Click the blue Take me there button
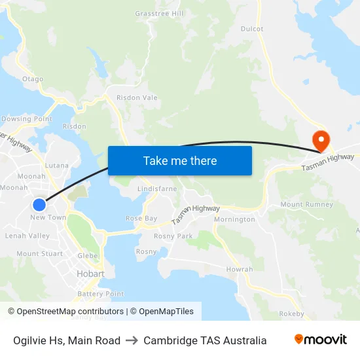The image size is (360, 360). tap(180, 160)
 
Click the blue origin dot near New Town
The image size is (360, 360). tap(39, 204)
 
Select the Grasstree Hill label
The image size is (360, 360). tap(159, 13)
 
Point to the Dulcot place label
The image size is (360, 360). tap(252, 29)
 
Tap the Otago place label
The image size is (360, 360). tap(33, 79)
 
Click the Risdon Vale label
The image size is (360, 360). tap(137, 98)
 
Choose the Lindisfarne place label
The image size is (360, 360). tap(157, 189)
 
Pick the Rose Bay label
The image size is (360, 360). tap(141, 218)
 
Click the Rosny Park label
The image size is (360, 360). tap(173, 236)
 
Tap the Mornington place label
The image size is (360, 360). tap(234, 219)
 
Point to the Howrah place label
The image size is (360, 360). tap(239, 269)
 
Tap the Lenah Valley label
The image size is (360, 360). tap(27, 236)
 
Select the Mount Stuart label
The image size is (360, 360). tap(40, 253)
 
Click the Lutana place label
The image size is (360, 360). tap(57, 166)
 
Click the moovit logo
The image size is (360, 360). tap(321, 340)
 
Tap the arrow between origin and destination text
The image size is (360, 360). tap(132, 340)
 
